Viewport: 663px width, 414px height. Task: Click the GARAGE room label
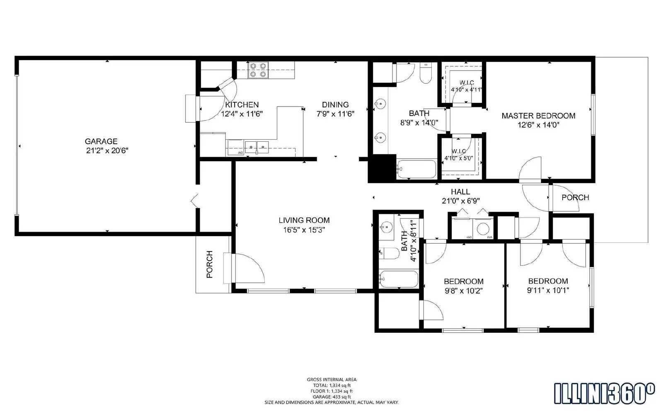coord(101,141)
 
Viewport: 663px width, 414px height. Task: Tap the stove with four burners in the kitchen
coord(258,70)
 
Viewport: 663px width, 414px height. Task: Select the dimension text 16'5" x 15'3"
coord(304,230)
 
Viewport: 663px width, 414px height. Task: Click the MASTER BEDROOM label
coord(538,116)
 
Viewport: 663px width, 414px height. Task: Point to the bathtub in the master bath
coord(416,169)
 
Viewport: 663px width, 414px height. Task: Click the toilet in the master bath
coord(426,74)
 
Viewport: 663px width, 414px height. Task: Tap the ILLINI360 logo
coord(605,393)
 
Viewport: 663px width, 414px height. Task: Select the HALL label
coord(460,192)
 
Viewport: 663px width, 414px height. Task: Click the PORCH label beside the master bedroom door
coord(575,198)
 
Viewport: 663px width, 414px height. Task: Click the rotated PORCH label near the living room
coord(210,264)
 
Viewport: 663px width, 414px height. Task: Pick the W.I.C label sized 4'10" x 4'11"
coord(466,86)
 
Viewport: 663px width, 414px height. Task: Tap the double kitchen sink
coord(256,146)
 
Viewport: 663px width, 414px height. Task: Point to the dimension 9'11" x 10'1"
coord(548,291)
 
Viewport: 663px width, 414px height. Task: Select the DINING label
coord(335,105)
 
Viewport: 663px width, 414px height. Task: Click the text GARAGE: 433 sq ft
coord(331,397)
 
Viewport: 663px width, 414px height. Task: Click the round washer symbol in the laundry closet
coord(483,229)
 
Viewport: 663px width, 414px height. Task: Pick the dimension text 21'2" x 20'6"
coord(107,151)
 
